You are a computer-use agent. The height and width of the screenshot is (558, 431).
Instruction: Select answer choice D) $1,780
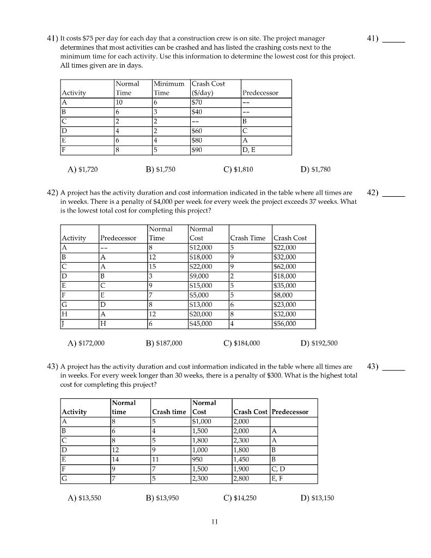pos(315,169)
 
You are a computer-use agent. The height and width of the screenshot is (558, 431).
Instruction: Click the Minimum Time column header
pos(169,88)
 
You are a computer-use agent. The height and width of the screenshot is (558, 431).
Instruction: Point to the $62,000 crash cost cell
pos(285,266)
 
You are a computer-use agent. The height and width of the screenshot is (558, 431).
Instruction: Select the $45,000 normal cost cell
pos(202,324)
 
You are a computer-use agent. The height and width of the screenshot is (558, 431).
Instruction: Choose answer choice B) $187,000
pos(164,343)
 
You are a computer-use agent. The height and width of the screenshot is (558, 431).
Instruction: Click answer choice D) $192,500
pos(319,343)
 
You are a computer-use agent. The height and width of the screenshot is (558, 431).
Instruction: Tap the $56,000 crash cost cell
pos(285,324)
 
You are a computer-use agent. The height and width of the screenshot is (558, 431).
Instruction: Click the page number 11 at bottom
pos(215,521)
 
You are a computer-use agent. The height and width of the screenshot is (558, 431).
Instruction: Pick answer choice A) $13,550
pos(84,498)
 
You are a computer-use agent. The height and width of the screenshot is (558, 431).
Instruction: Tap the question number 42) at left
pos(52,193)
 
